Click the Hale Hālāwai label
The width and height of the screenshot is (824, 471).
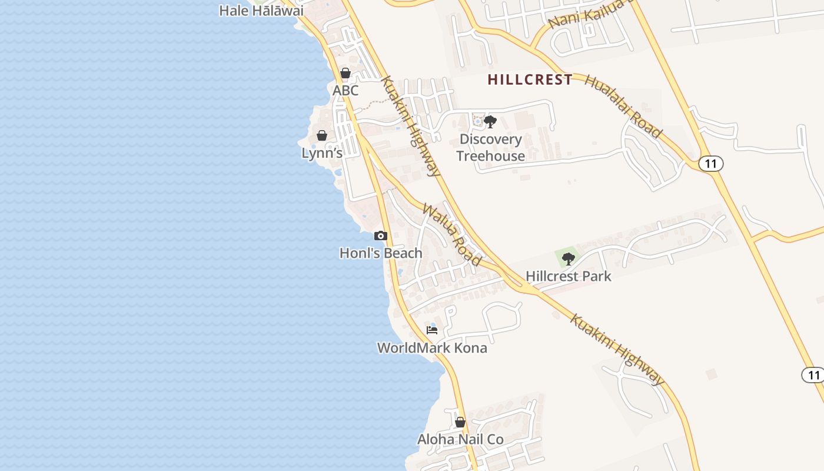point(261,11)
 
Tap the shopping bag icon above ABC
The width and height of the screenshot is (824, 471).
point(345,74)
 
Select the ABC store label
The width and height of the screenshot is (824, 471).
point(345,91)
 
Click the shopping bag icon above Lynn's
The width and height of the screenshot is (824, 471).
point(322,136)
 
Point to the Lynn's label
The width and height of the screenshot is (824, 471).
point(322,153)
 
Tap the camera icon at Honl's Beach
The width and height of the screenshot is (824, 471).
point(381,236)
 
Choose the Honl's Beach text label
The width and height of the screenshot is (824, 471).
point(381,253)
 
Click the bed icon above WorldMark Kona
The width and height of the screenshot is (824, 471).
point(432,330)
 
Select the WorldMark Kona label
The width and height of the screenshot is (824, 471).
point(432,348)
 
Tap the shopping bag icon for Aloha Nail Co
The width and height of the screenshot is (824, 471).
point(460,422)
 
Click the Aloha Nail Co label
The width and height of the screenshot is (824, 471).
point(460,439)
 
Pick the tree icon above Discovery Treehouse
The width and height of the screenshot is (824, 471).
point(490,122)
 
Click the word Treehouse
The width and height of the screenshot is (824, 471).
point(490,156)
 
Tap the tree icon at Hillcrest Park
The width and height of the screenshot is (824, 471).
point(568,258)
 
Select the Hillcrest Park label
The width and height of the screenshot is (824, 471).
point(568,276)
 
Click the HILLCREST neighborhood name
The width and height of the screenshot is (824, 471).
point(530,80)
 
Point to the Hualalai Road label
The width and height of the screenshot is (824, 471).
point(623,107)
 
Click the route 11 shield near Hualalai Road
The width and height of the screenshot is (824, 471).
point(710,164)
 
